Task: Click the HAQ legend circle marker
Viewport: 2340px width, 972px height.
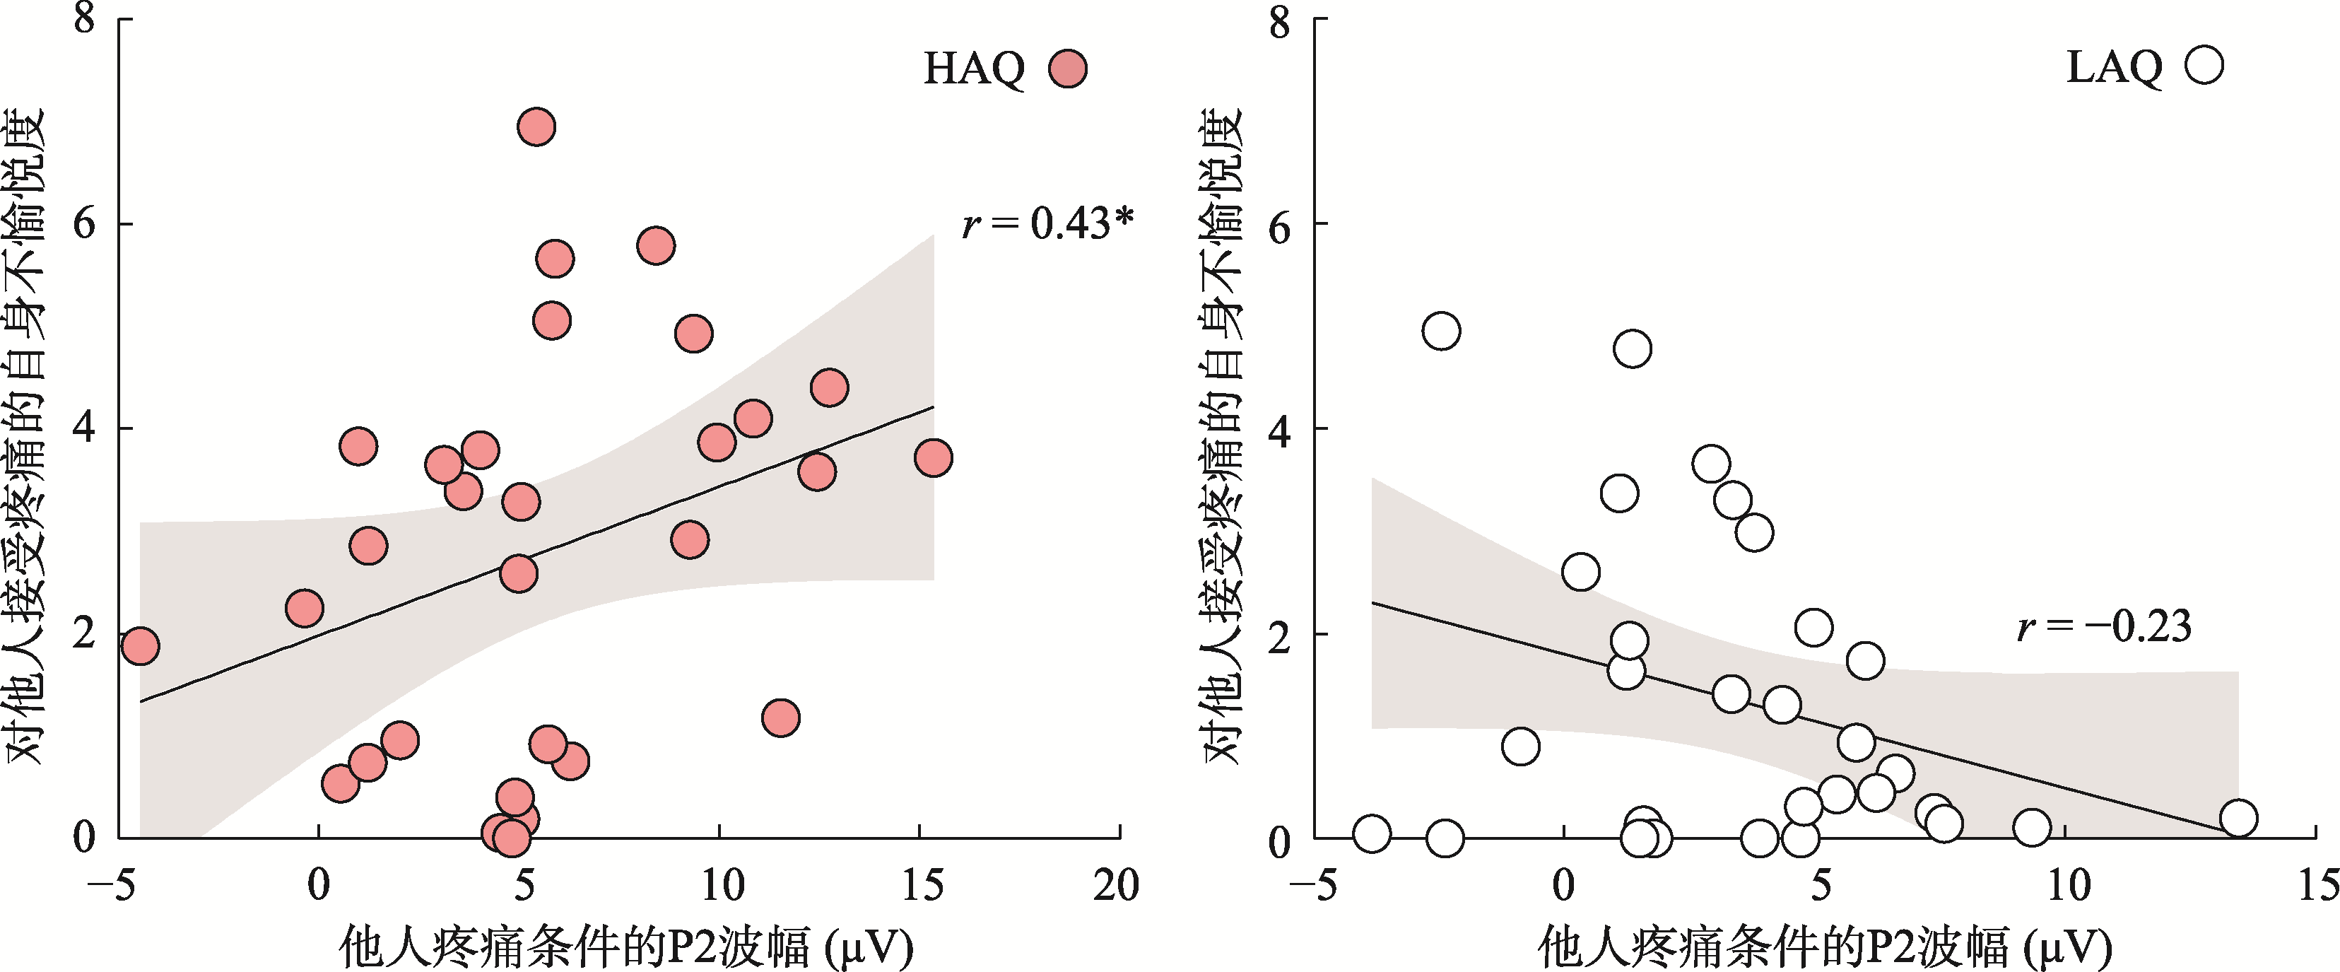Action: coord(1067,68)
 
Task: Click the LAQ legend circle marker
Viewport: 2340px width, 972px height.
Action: coord(2204,66)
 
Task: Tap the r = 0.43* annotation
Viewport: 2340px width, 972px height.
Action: coord(1047,223)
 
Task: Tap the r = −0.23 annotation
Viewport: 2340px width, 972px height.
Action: coord(2104,626)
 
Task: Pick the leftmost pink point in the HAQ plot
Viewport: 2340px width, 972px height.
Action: coord(140,646)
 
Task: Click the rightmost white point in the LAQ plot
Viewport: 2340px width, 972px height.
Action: coord(2238,818)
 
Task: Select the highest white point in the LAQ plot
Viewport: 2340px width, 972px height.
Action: coord(1442,331)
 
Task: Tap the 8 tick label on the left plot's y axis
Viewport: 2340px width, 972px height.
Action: coord(85,18)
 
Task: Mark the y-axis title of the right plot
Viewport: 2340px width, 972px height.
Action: coord(1222,436)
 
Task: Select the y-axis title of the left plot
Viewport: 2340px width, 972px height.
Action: coord(25,436)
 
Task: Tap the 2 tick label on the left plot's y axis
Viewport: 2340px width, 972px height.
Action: coord(85,633)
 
